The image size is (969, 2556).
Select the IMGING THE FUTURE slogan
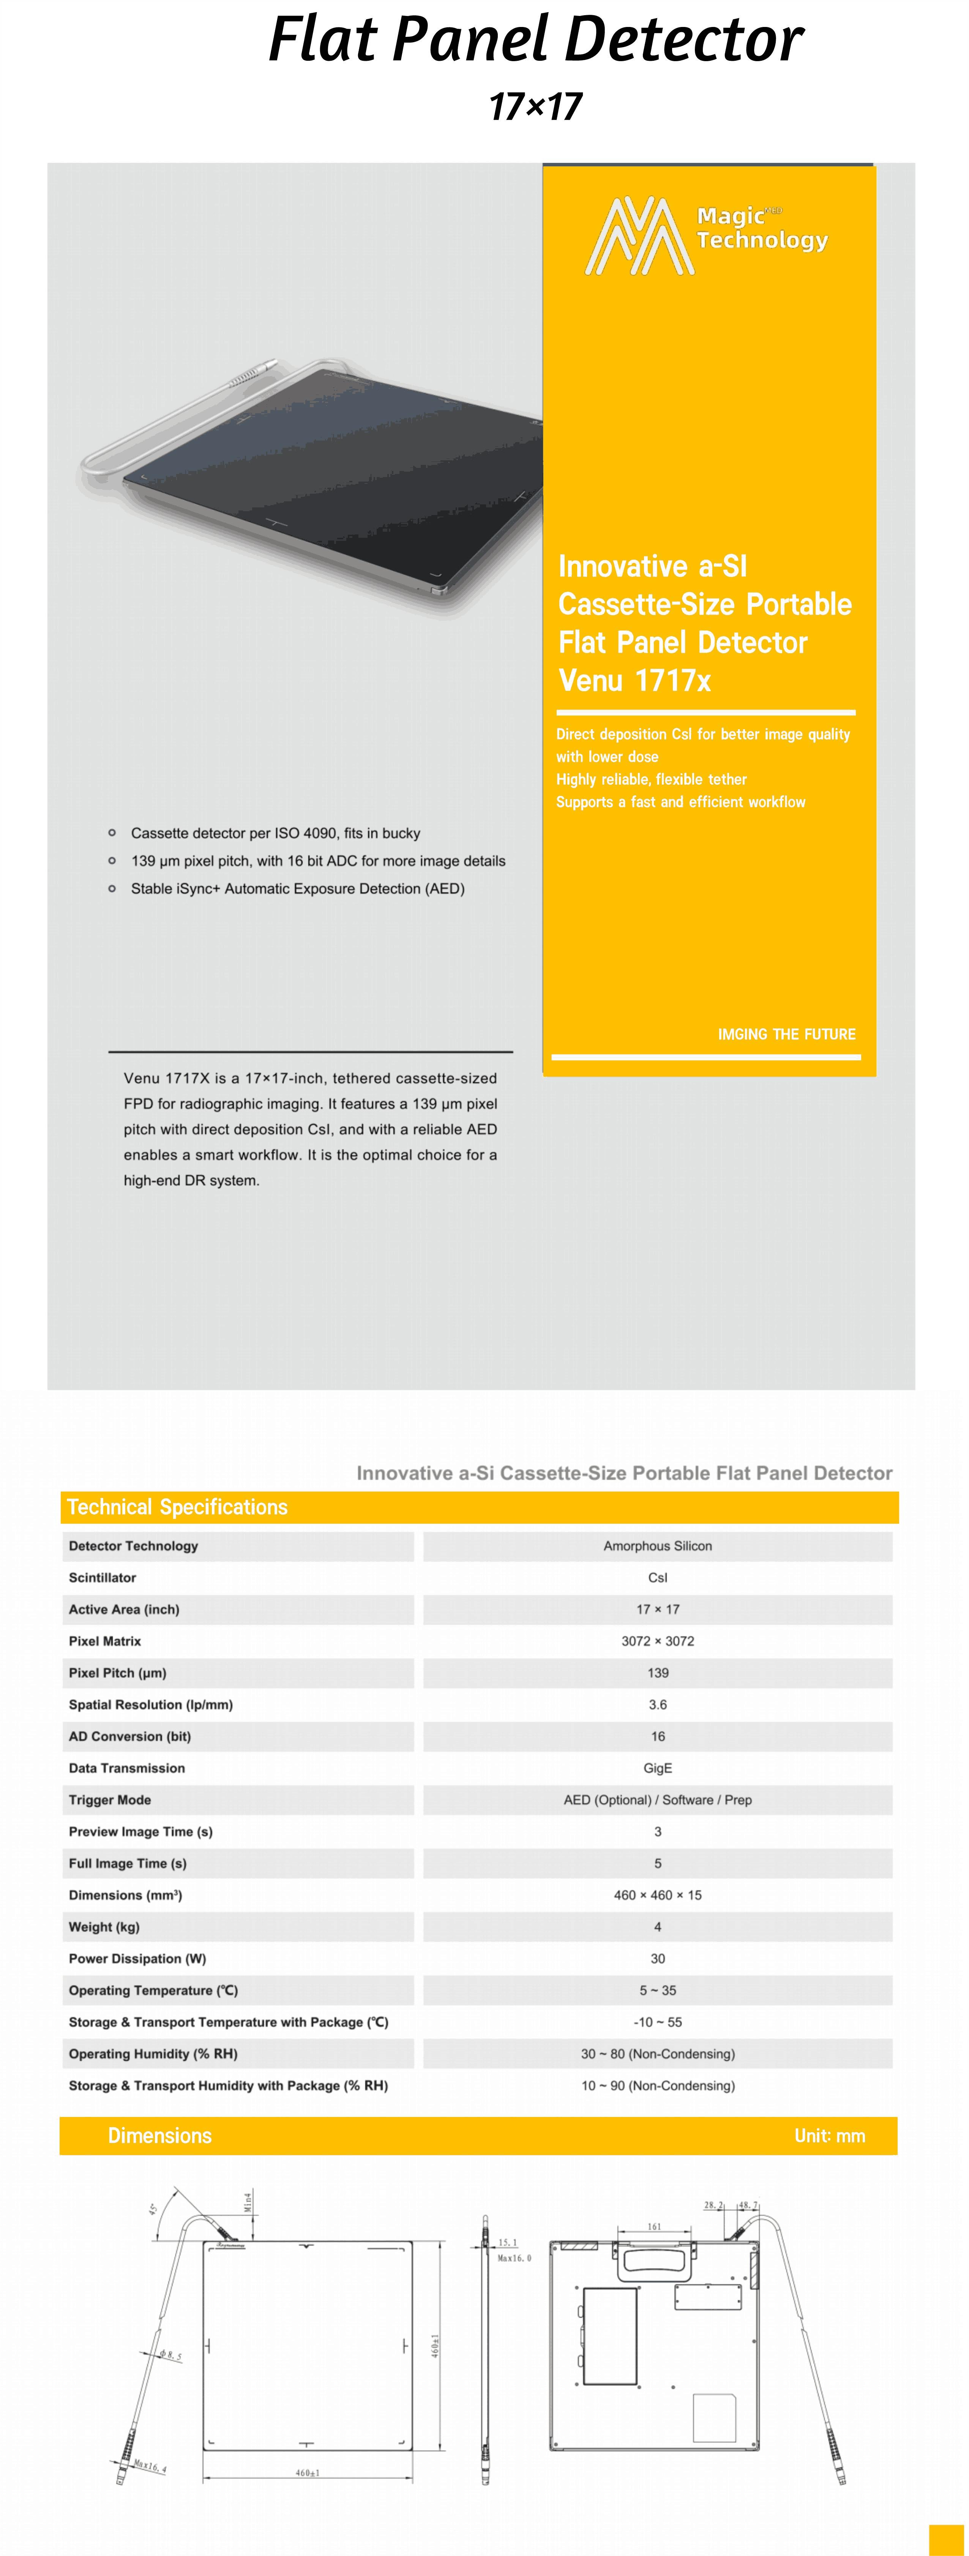pyautogui.click(x=786, y=1034)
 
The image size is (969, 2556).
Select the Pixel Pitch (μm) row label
pyautogui.click(x=117, y=1673)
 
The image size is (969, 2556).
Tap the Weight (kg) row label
pyautogui.click(x=104, y=1927)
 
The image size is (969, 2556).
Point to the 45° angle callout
pyautogui.click(x=153, y=2209)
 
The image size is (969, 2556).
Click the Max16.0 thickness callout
pyautogui.click(x=514, y=2258)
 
